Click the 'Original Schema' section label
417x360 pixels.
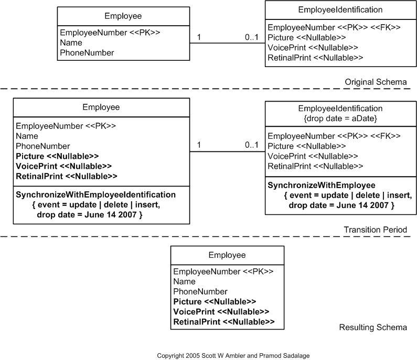pyautogui.click(x=376, y=82)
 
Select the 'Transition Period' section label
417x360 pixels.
pyautogui.click(x=375, y=230)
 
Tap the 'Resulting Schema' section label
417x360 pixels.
pyautogui.click(x=373, y=328)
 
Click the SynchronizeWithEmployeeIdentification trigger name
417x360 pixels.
pyautogui.click(x=95, y=194)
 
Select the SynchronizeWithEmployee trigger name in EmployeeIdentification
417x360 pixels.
pyautogui.click(x=322, y=185)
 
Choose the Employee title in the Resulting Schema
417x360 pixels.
pyautogui.click(x=227, y=255)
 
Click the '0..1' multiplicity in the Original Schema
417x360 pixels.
pyautogui.click(x=252, y=37)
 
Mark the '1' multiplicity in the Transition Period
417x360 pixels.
pyautogui.click(x=199, y=145)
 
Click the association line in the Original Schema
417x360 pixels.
pyautogui.click(x=227, y=43)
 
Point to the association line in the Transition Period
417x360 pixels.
pyautogui.click(x=227, y=152)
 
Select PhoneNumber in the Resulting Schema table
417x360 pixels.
pyautogui.click(x=200, y=291)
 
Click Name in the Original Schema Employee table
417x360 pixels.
pyautogui.click(x=71, y=42)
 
